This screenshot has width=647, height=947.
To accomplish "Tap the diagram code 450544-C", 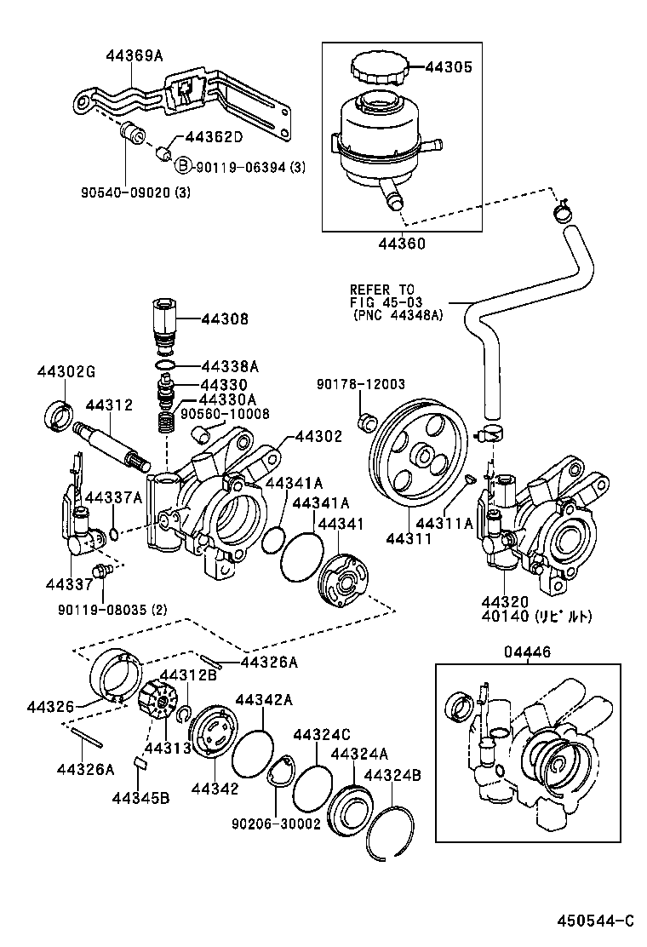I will (596, 921).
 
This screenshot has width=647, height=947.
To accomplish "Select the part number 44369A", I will (135, 56).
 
